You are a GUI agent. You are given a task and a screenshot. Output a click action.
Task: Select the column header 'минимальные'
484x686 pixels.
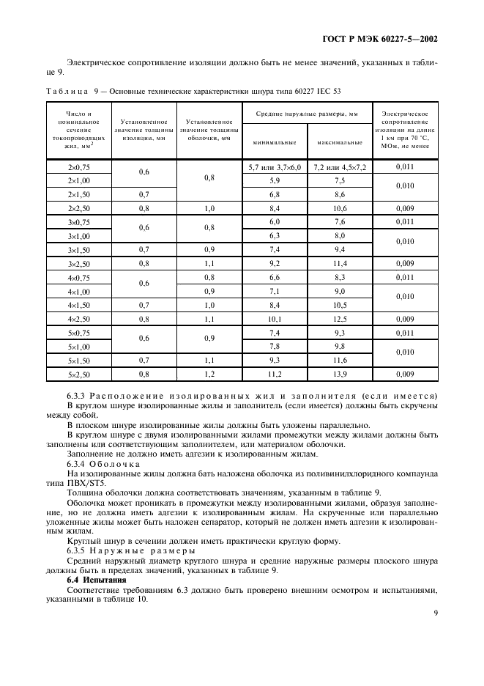[x=275, y=143]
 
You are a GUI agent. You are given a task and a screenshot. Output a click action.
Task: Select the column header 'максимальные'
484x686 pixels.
[x=339, y=143]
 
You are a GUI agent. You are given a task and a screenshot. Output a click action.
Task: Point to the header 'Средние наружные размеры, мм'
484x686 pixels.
[x=307, y=115]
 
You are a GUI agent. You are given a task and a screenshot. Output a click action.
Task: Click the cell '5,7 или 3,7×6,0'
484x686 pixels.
[x=275, y=168]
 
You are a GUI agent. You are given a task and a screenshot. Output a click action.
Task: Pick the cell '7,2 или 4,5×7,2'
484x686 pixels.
[x=339, y=168]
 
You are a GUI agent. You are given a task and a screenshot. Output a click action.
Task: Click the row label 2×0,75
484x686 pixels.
[x=78, y=168]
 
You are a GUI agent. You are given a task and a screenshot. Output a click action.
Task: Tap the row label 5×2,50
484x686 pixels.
[x=78, y=375]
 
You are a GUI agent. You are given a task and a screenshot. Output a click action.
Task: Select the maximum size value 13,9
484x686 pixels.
[x=339, y=375]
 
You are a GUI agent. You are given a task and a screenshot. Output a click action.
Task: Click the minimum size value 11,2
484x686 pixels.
[x=275, y=375]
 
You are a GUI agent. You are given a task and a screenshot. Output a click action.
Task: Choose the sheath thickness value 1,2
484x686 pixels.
[x=209, y=375]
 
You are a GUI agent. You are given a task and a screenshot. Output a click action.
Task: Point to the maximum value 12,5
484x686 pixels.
[x=339, y=320]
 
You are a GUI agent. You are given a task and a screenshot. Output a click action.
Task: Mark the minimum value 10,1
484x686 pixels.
[x=275, y=320]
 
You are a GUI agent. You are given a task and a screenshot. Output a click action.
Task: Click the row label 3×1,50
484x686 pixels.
[x=78, y=250]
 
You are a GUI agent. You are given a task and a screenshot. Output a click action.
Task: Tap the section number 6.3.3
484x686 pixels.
[x=78, y=397]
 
